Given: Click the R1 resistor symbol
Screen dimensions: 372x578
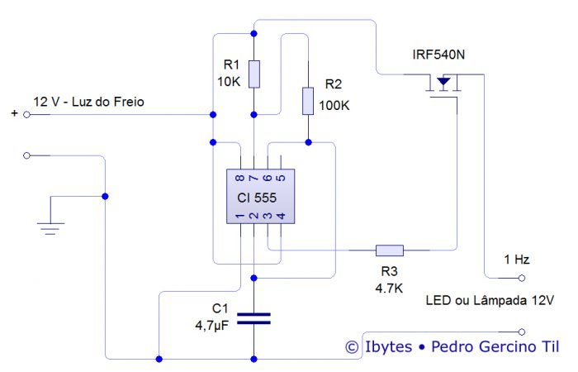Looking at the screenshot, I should (x=253, y=74).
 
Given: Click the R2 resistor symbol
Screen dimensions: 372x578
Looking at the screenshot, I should (x=307, y=101).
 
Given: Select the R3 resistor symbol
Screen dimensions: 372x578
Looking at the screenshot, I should (x=390, y=250).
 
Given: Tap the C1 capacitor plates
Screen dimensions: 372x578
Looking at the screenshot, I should (x=253, y=318).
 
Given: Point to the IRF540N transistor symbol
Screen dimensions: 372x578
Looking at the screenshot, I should (x=444, y=85).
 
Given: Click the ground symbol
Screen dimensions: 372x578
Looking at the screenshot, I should (x=51, y=224).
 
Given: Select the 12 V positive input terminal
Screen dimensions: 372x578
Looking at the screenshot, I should (x=26, y=115).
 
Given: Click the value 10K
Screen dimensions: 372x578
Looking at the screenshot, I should (x=230, y=81).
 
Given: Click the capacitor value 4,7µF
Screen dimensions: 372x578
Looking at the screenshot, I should (x=206, y=325).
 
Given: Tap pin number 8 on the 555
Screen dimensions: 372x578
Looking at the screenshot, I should (x=239, y=178).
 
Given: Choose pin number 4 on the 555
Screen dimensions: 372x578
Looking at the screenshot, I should (x=281, y=217).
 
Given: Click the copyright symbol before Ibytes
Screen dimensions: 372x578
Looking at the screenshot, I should (x=353, y=348).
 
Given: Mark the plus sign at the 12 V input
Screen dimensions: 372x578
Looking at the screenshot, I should (x=13, y=114).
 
